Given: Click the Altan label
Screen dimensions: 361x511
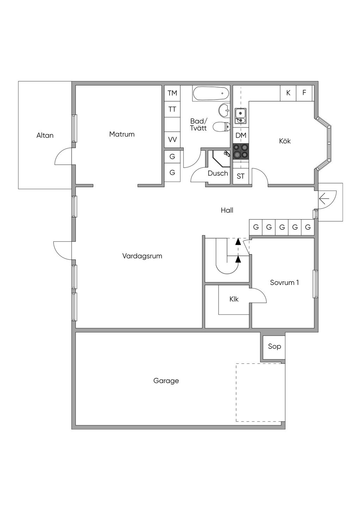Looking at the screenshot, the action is click(x=45, y=135).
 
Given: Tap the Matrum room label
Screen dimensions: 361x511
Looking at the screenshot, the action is click(x=122, y=134).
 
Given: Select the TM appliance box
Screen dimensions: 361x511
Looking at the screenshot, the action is click(x=172, y=93).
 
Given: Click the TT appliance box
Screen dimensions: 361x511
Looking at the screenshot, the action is click(x=172, y=109).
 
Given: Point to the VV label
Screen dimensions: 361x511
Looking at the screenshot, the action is click(x=172, y=139).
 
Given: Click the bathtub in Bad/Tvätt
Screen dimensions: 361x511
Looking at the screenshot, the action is click(x=211, y=93).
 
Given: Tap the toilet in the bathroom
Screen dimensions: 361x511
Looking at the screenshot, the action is click(x=221, y=126).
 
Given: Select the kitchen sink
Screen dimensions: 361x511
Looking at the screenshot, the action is click(x=240, y=115).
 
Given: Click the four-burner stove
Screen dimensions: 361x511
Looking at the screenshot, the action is click(x=241, y=151).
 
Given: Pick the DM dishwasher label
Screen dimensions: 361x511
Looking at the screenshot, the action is click(x=241, y=135).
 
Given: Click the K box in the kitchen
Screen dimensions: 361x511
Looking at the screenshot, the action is click(x=288, y=93).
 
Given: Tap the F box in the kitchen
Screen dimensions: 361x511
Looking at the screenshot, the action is click(x=304, y=93).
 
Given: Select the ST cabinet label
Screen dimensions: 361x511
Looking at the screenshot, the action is click(x=241, y=176).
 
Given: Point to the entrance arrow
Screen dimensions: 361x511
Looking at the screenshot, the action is click(x=324, y=199).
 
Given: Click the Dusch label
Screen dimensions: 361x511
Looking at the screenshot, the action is click(x=218, y=173).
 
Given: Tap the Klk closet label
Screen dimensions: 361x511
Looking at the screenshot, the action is click(x=234, y=299).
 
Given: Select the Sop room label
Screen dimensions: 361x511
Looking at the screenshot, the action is click(x=274, y=346).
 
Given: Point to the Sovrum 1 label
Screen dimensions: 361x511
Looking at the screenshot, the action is click(x=284, y=282).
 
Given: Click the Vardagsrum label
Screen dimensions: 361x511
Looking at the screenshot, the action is click(x=142, y=256).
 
